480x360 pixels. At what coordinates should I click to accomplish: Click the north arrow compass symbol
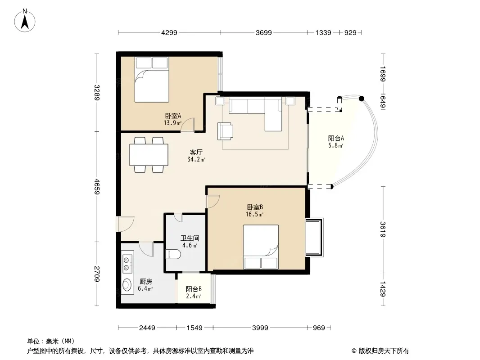(25, 21)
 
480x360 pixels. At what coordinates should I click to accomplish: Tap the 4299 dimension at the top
(169, 32)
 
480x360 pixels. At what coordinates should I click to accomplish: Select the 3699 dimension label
(263, 32)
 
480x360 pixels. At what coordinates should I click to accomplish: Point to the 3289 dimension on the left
(97, 92)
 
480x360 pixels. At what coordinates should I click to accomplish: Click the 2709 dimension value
(97, 274)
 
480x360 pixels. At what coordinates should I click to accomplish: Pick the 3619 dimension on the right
(383, 229)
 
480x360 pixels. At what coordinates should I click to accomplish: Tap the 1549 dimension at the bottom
(195, 328)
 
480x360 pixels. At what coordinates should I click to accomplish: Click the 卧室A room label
(173, 116)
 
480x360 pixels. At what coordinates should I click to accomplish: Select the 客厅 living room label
(196, 152)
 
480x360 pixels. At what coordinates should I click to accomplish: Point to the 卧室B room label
(255, 207)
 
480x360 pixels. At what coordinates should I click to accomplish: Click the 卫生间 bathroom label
(190, 238)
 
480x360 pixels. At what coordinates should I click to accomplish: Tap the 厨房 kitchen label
(146, 281)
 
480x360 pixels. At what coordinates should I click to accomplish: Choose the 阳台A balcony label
(336, 138)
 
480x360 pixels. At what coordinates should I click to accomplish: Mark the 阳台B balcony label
(194, 289)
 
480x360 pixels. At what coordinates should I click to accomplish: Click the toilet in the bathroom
(173, 255)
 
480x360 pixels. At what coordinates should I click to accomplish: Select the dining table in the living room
(149, 155)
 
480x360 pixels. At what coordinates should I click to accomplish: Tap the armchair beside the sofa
(225, 131)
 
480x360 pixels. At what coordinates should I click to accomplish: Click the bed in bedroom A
(152, 80)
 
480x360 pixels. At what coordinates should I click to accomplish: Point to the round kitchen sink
(127, 285)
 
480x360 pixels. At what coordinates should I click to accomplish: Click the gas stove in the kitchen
(127, 264)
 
